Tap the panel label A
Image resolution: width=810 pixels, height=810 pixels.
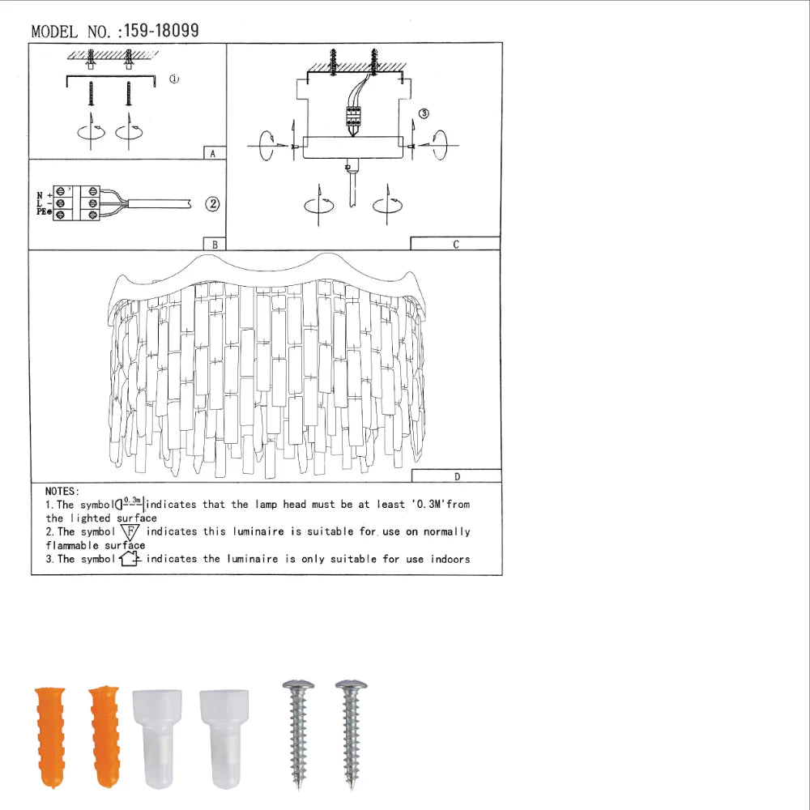212,152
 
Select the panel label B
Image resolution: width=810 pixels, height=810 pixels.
212,243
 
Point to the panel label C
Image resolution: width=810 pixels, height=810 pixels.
455,243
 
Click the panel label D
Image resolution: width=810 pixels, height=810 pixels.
456,476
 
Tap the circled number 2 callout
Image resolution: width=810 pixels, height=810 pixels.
212,204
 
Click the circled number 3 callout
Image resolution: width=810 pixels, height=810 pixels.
424,114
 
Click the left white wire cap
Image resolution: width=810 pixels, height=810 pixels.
158,737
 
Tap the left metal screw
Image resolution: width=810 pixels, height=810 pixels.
297,733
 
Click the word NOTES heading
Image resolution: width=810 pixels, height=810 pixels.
62,491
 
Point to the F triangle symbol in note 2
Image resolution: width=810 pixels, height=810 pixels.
130,532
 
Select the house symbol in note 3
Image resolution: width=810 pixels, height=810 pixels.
130,559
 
